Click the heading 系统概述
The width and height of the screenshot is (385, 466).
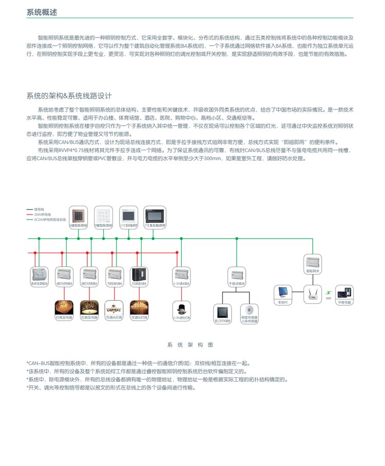point(42,12)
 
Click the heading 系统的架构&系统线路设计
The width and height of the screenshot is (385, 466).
point(69,96)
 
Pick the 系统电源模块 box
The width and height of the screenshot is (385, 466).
point(39,276)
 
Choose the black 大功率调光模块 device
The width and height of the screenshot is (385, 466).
point(139,276)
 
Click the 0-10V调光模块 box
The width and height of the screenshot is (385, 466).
point(182,276)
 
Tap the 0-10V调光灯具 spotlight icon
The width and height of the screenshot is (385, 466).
point(181,311)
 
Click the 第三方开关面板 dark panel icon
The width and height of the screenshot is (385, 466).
point(222,314)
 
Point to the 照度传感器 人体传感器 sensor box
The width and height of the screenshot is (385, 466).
point(249,314)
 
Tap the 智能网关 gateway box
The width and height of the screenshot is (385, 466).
point(313,263)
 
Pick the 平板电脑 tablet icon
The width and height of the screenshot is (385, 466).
point(344,294)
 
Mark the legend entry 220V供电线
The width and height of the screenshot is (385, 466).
point(40,214)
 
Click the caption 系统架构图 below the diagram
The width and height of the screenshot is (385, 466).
point(189,345)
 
